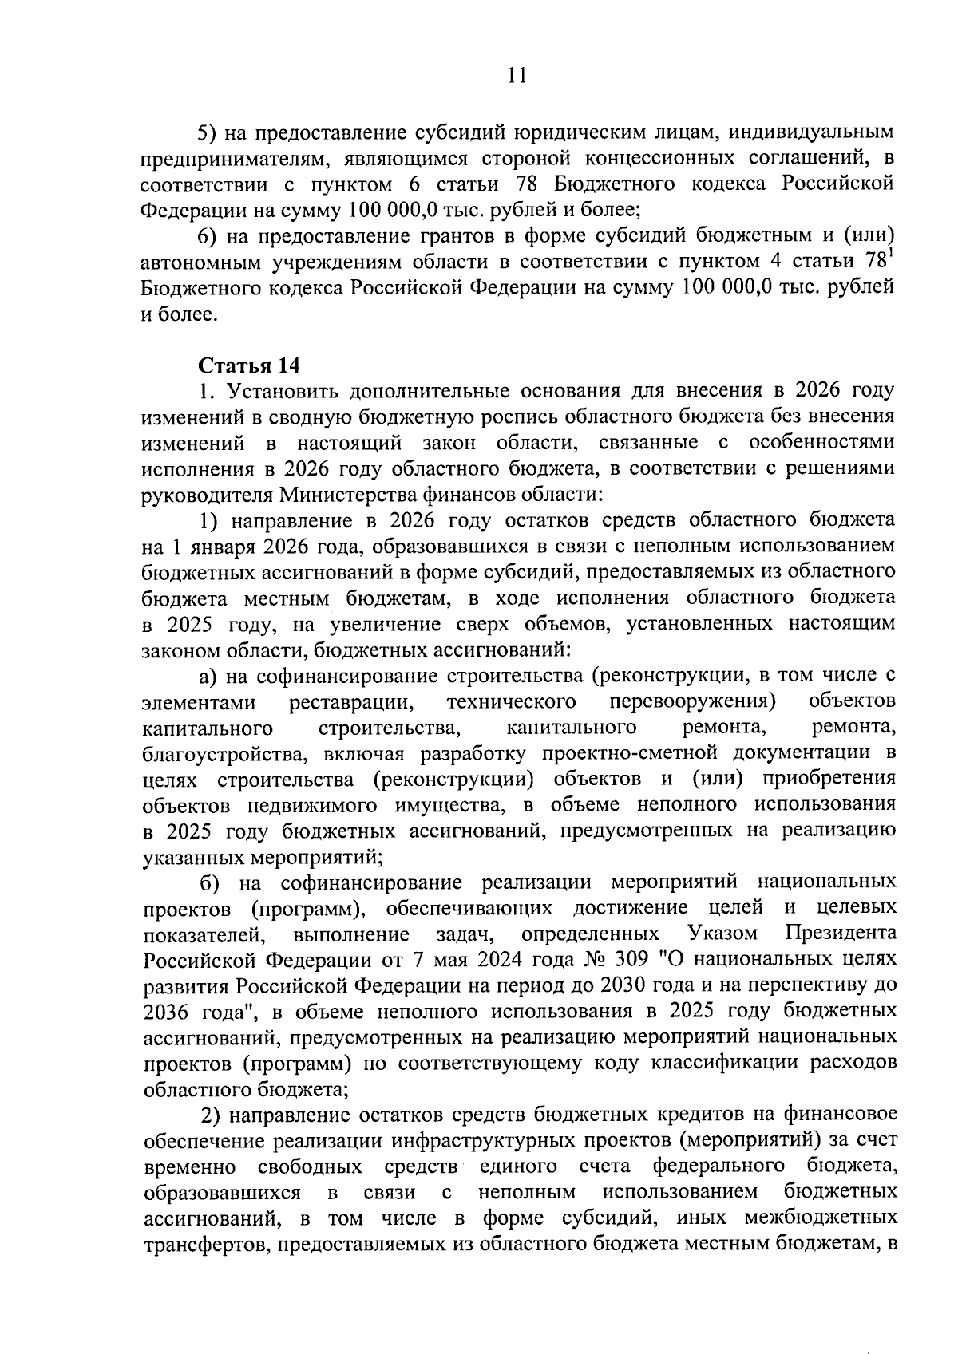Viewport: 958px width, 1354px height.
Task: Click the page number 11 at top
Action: [517, 76]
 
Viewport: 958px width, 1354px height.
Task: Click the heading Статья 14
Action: [248, 366]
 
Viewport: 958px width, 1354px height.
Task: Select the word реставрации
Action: [350, 701]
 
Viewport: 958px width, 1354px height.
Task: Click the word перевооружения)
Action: [693, 701]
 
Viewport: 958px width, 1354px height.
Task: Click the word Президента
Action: [840, 933]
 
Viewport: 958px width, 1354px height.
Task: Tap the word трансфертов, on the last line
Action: [200, 1243]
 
